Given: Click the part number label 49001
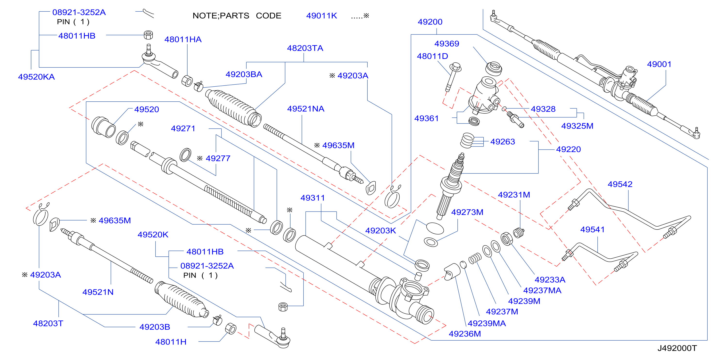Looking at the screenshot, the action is click(659, 64).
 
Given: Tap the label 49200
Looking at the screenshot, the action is click(430, 22).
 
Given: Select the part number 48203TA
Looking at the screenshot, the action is click(305, 48).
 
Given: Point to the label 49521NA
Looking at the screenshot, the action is click(306, 109).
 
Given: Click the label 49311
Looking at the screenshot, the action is click(312, 198).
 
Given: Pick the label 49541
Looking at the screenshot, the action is click(592, 230).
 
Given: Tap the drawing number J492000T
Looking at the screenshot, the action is click(677, 348).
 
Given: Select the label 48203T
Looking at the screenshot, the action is click(48, 324).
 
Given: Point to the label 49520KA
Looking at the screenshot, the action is click(36, 77).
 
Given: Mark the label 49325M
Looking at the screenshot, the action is click(577, 126).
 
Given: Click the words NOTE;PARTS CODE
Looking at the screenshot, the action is click(237, 16).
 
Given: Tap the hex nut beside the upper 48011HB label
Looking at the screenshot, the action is click(149, 35).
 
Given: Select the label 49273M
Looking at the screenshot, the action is click(467, 213).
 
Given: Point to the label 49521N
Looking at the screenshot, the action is click(98, 292).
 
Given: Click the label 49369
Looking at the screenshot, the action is click(446, 44).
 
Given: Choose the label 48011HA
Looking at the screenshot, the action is click(183, 40).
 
